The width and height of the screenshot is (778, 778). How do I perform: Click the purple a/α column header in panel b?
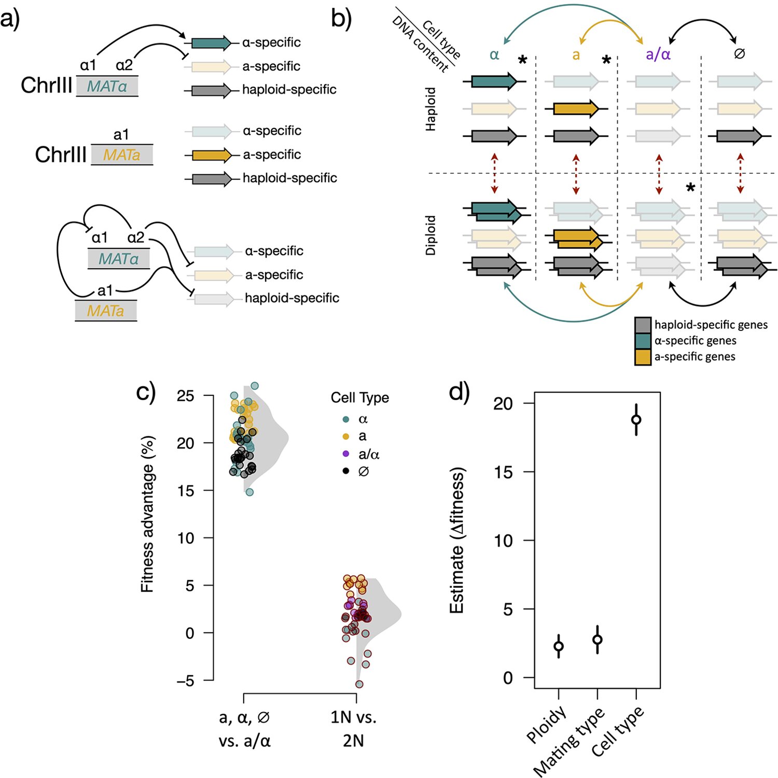point(658,54)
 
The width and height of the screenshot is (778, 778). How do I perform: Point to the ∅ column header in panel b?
point(740,53)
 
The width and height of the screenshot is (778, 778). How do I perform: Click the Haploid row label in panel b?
point(430,109)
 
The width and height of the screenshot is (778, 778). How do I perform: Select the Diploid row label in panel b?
point(430,235)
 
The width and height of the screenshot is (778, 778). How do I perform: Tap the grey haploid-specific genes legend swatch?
point(643,325)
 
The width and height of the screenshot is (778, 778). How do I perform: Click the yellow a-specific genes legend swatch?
point(643,357)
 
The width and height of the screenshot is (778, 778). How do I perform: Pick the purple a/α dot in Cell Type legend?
point(346,454)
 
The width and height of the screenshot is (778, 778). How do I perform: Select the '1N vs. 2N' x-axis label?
point(353,729)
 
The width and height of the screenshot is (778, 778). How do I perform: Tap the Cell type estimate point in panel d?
point(636,419)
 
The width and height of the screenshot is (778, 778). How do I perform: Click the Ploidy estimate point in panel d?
point(559,646)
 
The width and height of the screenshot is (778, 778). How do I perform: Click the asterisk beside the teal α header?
point(523,60)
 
